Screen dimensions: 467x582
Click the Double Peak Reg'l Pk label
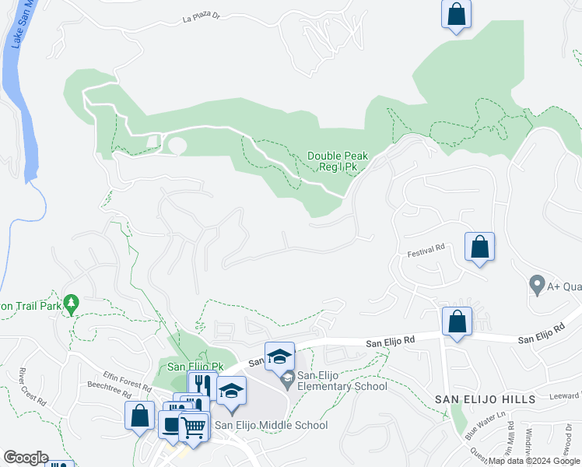337,161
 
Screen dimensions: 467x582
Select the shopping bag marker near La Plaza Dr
456,14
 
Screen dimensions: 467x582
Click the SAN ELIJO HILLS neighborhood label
485,399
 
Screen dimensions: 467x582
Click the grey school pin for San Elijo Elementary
287,381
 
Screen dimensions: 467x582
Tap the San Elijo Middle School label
271,425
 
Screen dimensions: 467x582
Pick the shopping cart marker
194,427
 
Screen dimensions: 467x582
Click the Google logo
26,458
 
